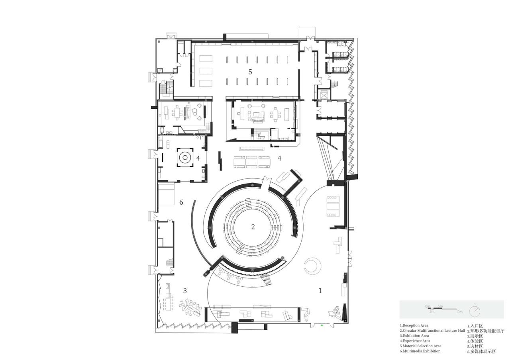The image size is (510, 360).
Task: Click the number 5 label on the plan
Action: pyautogui.click(x=250, y=72)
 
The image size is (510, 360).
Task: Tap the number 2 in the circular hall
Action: pyautogui.click(x=253, y=227)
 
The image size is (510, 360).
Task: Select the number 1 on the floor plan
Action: pyautogui.click(x=320, y=291)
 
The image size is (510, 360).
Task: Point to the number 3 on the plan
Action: pyautogui.click(x=185, y=291)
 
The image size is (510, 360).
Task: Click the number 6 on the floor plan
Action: pyautogui.click(x=181, y=202)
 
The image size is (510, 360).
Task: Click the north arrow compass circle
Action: pyautogui.click(x=475, y=311)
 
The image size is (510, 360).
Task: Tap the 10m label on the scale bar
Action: pyautogui.click(x=459, y=311)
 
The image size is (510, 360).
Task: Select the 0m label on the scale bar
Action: pyautogui.click(x=428, y=306)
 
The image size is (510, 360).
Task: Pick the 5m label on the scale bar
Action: pyautogui.click(x=440, y=306)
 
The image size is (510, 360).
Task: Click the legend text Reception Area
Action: pyautogui.click(x=414, y=325)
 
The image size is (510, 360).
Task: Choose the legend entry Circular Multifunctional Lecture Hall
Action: pyautogui.click(x=432, y=331)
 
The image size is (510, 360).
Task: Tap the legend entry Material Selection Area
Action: pyautogui.click(x=420, y=346)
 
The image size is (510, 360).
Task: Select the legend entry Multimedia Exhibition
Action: pyautogui.click(x=420, y=351)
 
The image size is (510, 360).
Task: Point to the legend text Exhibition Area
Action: pyautogui.click(x=414, y=336)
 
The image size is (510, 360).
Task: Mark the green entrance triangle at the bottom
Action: pyautogui.click(x=322, y=325)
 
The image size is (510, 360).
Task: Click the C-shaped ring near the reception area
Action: pyautogui.click(x=312, y=266)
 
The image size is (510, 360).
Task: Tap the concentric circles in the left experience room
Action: pyautogui.click(x=185, y=158)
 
